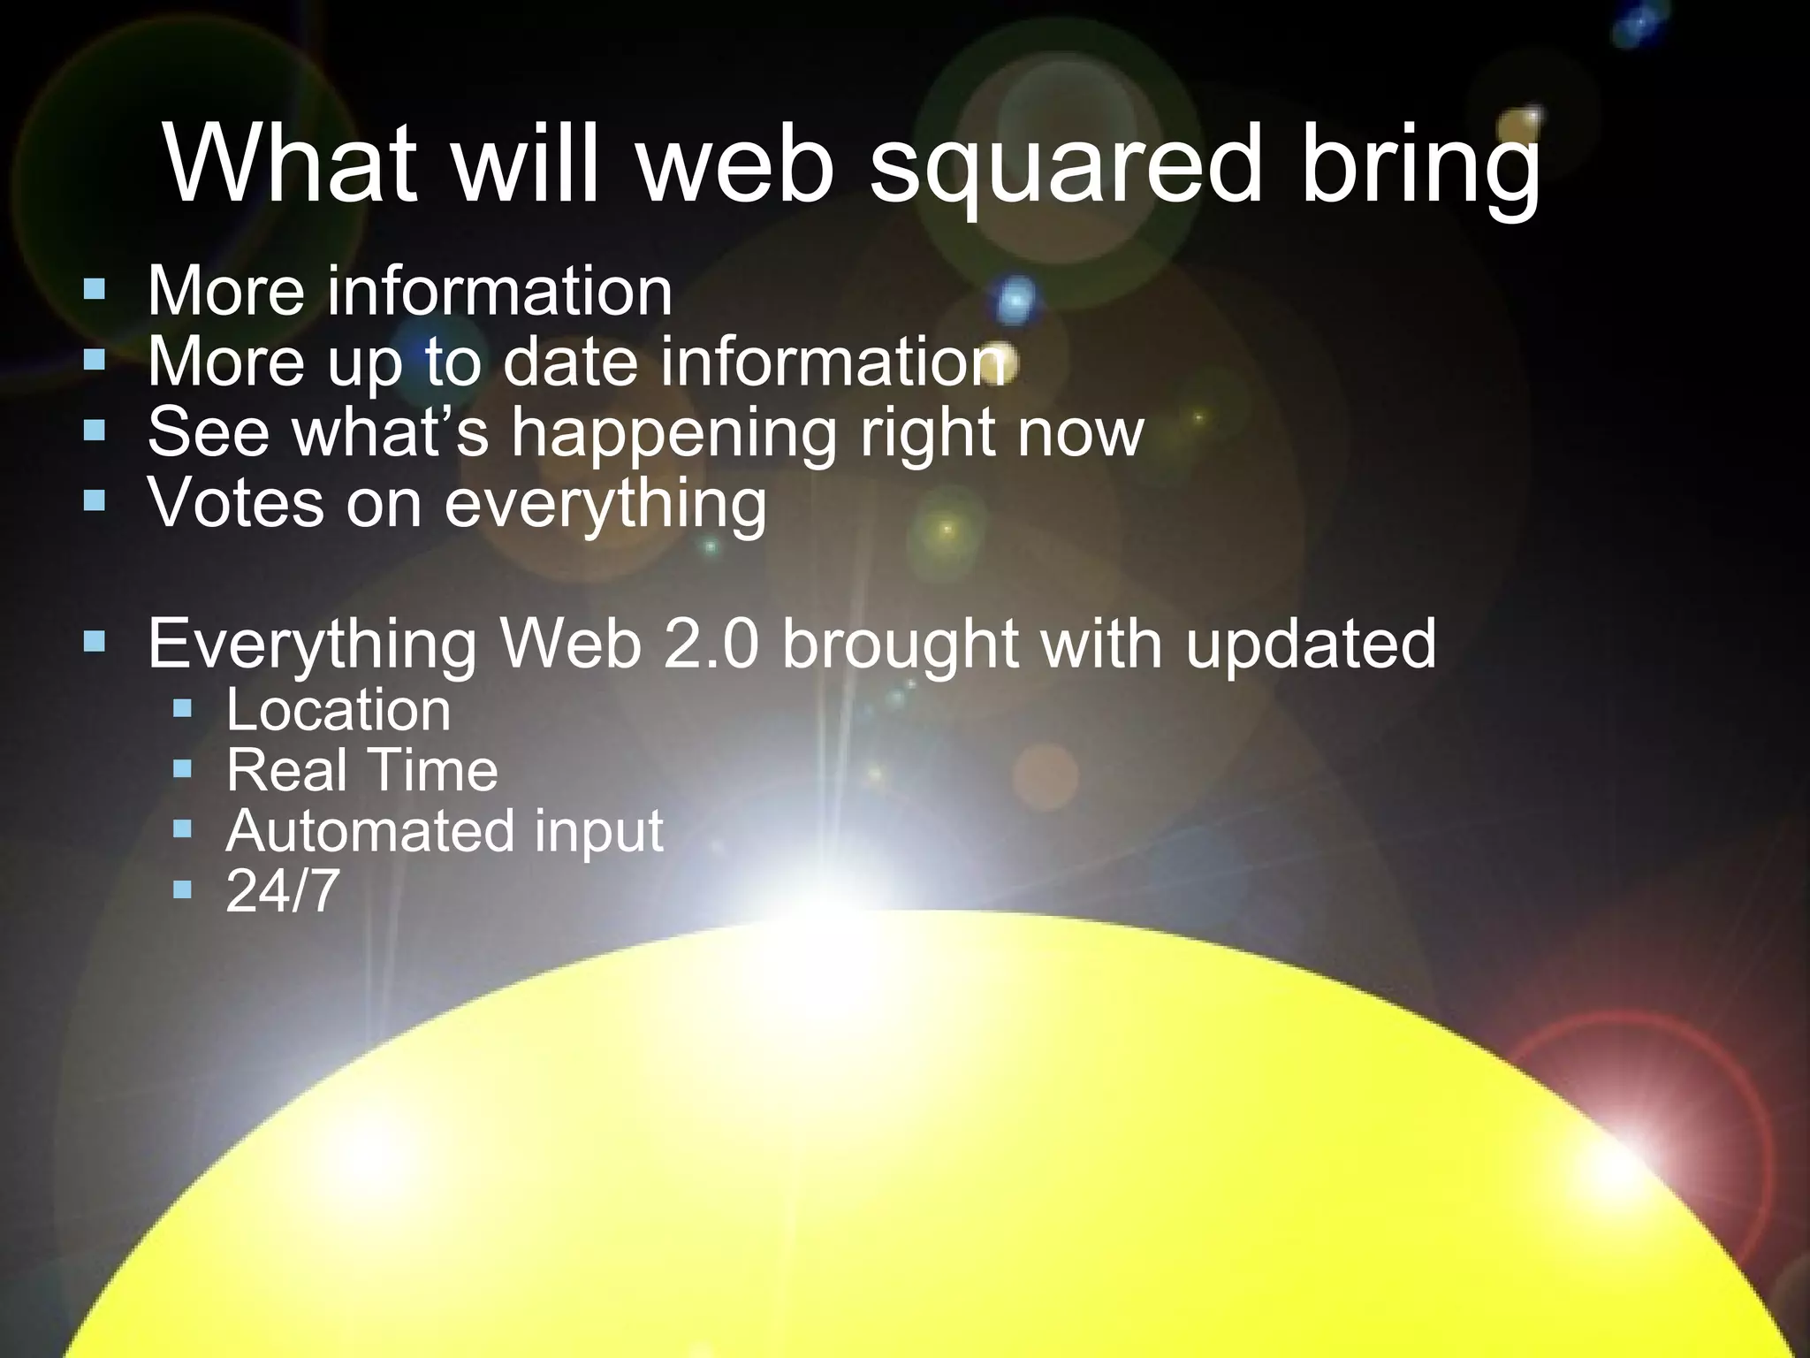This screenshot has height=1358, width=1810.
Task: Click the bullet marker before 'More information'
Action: [95, 288]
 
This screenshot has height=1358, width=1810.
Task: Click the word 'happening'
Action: [673, 434]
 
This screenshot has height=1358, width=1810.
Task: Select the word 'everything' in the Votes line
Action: [605, 505]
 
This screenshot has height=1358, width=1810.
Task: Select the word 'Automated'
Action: [370, 830]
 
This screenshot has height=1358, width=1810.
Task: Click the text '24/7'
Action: [283, 890]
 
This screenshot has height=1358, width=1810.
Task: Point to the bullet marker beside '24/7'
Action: [183, 888]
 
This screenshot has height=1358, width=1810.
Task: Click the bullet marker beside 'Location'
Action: [183, 707]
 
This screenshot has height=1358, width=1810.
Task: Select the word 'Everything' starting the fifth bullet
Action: [312, 645]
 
